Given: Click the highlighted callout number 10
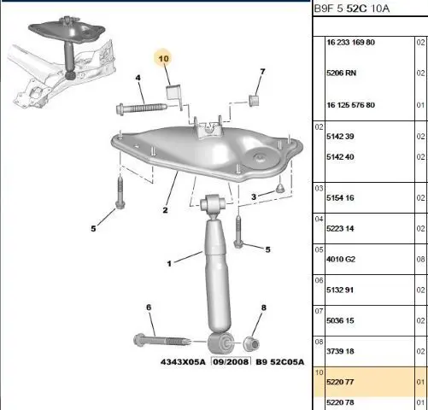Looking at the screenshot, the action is coord(163,59).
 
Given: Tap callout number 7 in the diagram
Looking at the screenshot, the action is coord(262,72).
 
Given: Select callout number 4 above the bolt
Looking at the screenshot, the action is coord(138,78).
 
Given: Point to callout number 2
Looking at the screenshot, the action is coord(165,210).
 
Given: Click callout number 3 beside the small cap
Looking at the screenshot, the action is coord(254,196).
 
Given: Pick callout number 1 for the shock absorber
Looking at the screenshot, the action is coord(169,264).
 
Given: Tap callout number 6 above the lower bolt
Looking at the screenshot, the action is coord(149,307).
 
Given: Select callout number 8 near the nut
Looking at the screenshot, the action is coord(264,307).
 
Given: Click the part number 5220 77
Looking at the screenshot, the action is coord(340,382).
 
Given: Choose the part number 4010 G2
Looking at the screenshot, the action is coord(341,259).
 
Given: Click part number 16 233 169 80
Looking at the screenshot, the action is coord(350,43).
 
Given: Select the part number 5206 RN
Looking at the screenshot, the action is coord(341,73).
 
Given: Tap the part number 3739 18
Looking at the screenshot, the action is coord(340,351).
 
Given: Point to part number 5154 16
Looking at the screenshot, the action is coord(340,197).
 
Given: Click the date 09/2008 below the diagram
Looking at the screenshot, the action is coord(231,362).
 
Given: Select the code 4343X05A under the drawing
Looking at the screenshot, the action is coord(183,362).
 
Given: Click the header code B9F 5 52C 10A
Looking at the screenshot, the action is coord(351,9).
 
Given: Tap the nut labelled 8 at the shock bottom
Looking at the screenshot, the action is coord(251,343).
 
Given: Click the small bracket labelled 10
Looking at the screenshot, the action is coord(173,93).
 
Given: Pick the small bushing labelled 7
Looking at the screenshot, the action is coord(254,101).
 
